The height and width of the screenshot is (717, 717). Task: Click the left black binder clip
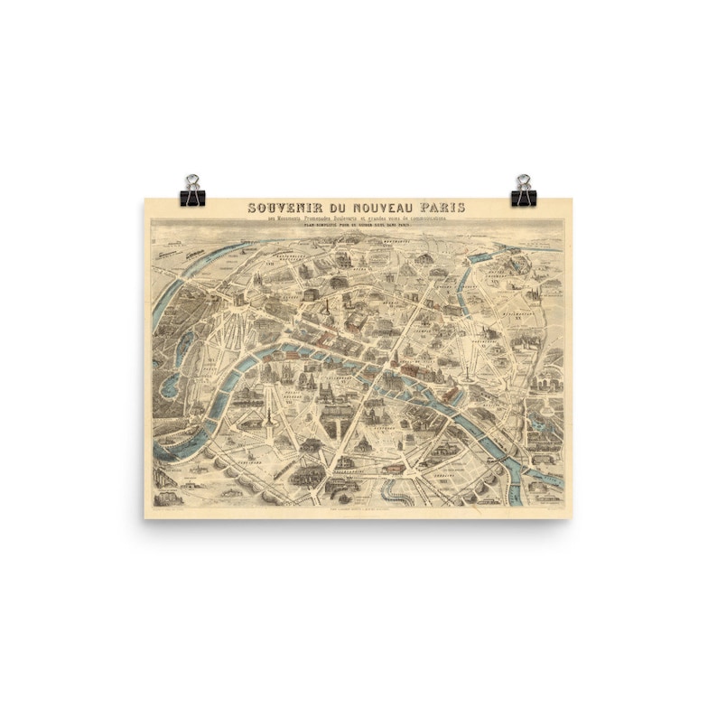pos(193,191)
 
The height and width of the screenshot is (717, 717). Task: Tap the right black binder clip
pos(524,191)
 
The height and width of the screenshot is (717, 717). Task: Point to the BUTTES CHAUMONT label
pos(494,271)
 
